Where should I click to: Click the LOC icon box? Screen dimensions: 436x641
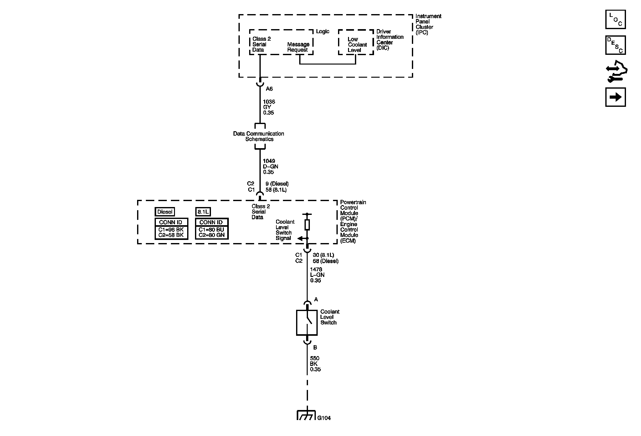point(615,19)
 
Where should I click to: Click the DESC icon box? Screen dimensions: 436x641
point(615,45)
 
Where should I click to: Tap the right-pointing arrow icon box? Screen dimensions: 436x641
point(615,97)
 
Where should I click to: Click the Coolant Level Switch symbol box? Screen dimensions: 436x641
point(307,323)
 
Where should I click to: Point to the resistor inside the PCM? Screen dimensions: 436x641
point(307,225)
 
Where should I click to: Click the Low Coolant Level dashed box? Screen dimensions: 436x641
point(356,43)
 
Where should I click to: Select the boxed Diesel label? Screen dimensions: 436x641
point(165,212)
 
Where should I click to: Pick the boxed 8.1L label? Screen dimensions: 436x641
point(203,212)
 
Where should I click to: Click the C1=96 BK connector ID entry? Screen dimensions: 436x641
point(171,229)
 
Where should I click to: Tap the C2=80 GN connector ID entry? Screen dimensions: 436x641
point(212,235)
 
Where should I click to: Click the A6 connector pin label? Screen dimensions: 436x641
point(269,89)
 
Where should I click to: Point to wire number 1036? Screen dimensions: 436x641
point(269,102)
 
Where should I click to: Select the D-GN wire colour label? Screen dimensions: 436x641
point(270,167)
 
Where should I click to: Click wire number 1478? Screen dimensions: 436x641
point(316,269)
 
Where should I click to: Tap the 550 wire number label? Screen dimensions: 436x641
point(315,358)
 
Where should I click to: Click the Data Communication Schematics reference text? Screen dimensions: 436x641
point(259,136)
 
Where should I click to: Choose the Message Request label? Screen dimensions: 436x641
point(298,47)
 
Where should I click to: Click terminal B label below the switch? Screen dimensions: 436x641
point(315,347)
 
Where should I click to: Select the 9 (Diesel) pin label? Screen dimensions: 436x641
point(277,184)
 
